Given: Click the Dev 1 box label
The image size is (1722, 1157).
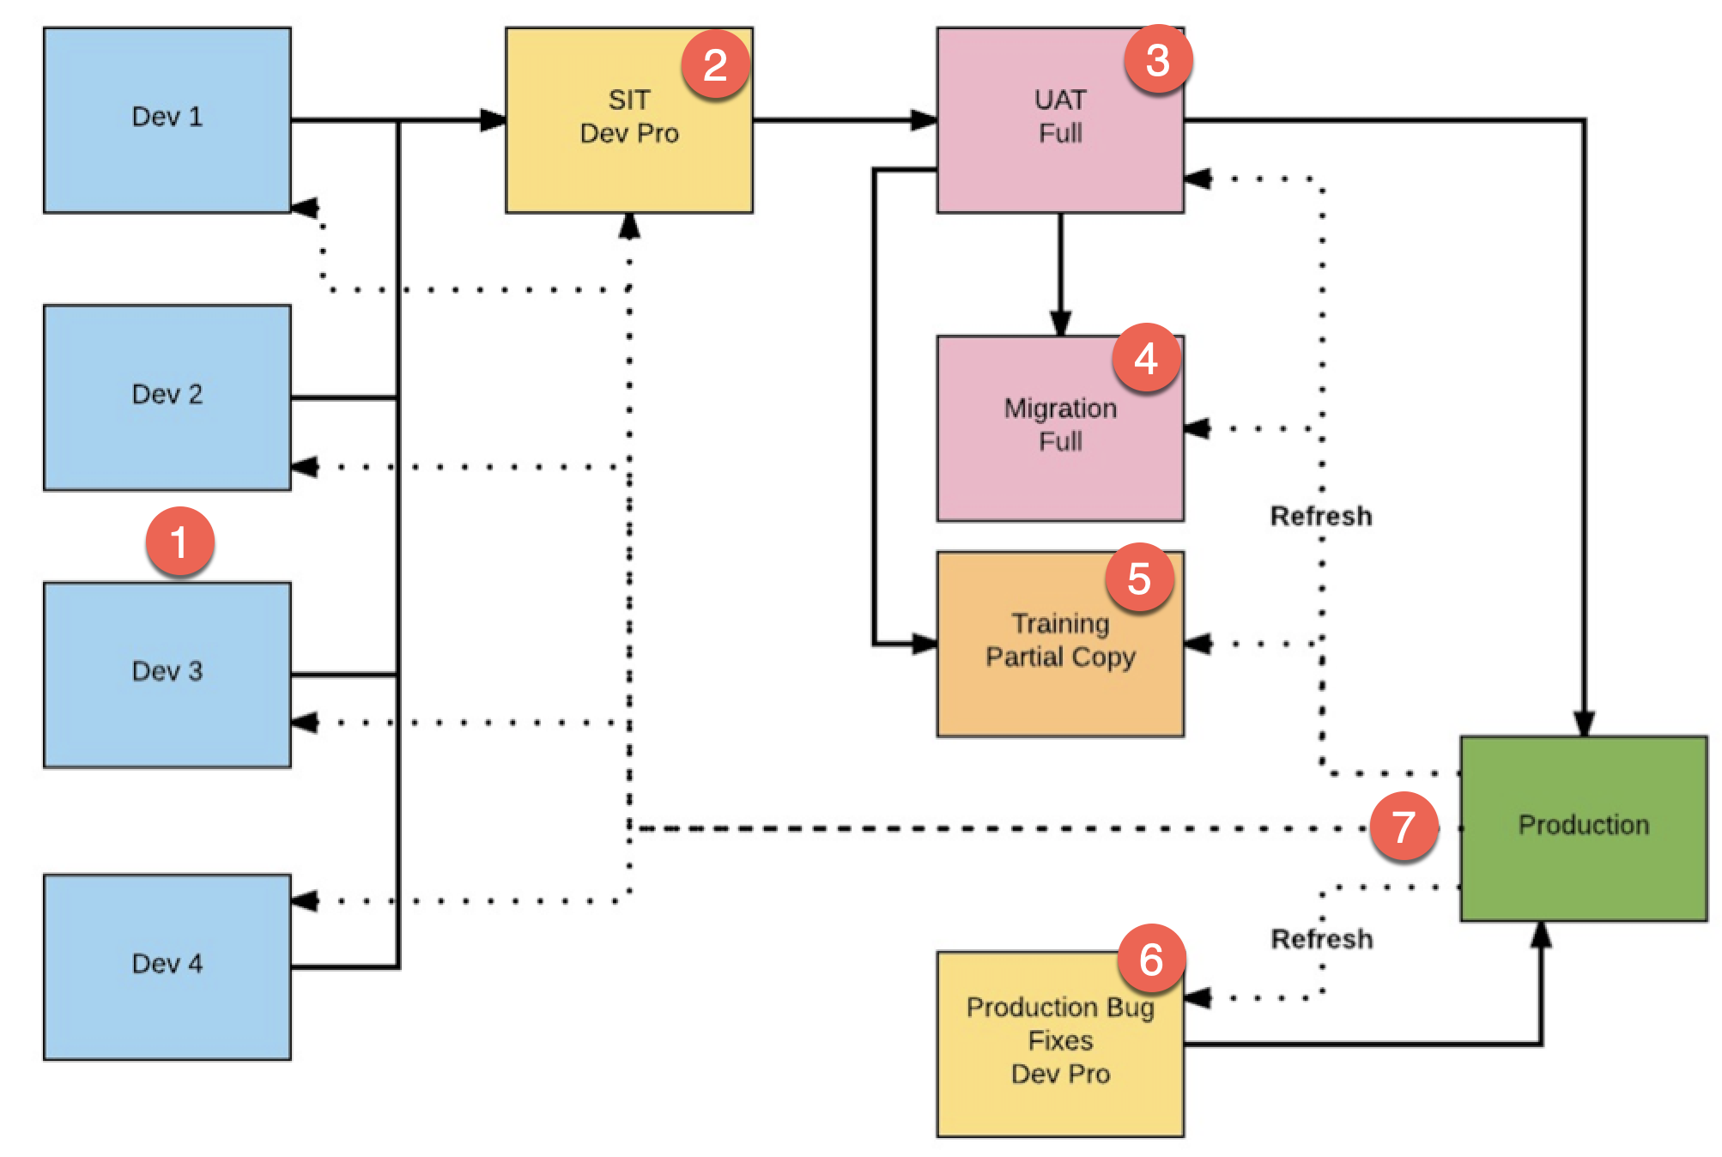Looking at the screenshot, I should tap(167, 117).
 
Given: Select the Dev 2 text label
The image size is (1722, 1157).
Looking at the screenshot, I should tap(167, 394).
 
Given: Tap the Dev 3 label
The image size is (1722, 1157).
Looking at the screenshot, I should tap(167, 671).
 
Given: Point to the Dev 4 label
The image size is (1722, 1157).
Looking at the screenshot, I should tap(167, 964).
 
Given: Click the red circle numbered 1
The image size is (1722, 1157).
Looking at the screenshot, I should tap(179, 542).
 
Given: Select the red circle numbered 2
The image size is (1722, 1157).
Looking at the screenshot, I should tap(715, 65).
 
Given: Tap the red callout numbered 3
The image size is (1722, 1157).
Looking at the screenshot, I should tap(1158, 60).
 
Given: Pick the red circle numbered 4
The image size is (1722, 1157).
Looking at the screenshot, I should tap(1146, 358).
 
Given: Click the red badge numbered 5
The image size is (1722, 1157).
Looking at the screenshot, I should tap(1139, 578).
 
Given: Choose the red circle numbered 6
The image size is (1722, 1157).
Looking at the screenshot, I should tap(1151, 959).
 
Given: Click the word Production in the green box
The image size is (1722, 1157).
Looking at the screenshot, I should tap(1583, 825).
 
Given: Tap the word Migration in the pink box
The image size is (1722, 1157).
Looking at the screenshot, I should tap(1060, 409).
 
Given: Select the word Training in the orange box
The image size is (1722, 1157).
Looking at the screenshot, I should tap(1060, 623).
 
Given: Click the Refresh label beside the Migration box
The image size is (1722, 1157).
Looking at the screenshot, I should tap(1320, 517).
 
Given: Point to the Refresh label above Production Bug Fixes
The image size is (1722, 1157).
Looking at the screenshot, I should tap(1321, 939).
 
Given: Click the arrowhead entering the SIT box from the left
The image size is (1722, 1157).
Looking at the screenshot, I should tap(494, 120).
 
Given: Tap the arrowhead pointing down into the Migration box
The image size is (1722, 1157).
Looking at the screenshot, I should tap(1060, 324).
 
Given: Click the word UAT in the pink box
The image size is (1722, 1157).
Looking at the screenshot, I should tap(1060, 100).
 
